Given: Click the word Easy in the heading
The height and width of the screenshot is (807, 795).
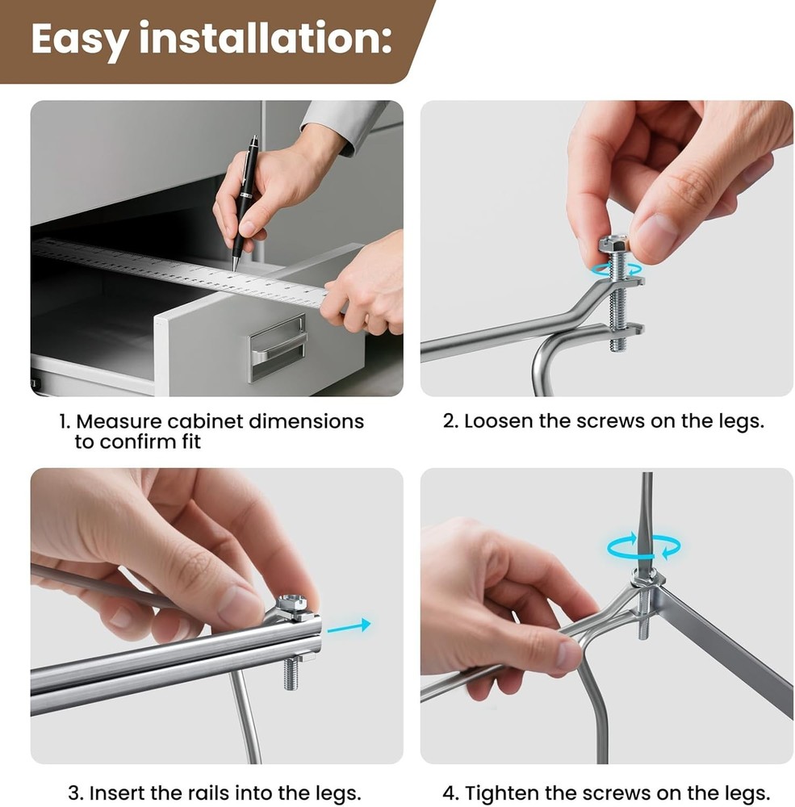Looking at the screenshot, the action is point(79,39).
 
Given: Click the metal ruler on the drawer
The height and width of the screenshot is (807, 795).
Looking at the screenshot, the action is point(180,272).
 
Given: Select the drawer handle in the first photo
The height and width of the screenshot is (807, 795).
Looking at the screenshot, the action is point(277,348).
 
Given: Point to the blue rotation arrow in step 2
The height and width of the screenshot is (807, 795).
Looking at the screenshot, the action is point(617,269).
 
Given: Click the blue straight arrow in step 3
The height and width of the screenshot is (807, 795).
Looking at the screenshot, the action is point(349,626).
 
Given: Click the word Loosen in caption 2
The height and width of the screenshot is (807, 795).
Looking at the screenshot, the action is point(499,421).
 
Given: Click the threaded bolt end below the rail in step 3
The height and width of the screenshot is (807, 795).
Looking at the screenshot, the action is point(291,672).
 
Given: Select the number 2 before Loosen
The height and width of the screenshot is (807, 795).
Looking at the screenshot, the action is point(450,421).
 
